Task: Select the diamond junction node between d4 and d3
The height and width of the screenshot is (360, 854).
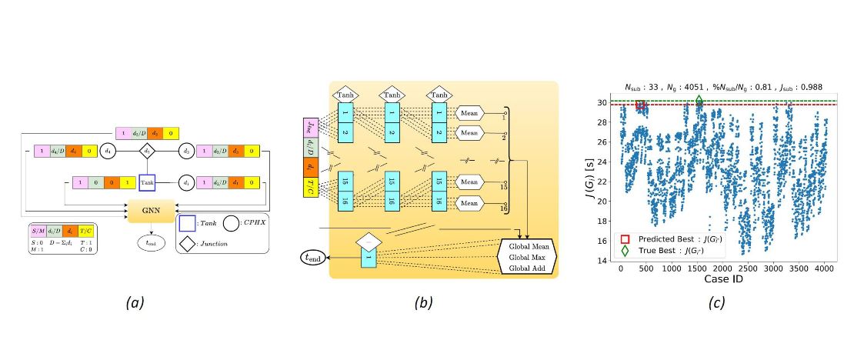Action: [x=148, y=152]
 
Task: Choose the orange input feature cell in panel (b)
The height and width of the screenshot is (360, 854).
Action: [x=312, y=163]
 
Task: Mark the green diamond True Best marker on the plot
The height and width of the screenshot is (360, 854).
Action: [x=699, y=101]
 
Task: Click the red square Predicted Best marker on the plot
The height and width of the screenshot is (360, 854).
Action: [x=640, y=105]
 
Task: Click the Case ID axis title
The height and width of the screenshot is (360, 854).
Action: [x=722, y=280]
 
